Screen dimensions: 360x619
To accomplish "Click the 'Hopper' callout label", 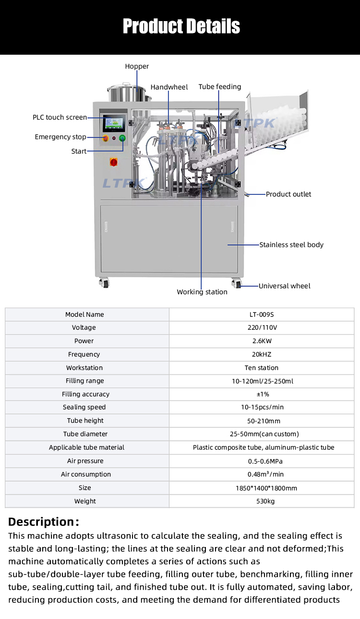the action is pos(137,66).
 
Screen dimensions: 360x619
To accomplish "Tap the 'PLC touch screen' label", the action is pos(60,117).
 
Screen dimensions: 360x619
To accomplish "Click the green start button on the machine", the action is pos(122,138).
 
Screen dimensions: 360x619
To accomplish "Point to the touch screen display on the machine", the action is pos(114,123).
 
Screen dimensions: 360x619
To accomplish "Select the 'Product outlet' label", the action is pos(288,194).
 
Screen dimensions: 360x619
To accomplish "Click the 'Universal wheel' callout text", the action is pos(284,286).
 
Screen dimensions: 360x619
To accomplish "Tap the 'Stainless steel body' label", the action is pos(291,245).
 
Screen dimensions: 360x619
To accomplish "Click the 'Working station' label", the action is pos(202,292).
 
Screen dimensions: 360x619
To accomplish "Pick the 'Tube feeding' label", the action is pos(219,87).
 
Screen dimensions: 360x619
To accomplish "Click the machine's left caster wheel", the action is pos(105,283).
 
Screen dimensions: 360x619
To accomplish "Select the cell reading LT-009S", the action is pos(262,314).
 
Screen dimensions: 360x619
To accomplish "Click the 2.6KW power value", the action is pos(262,341).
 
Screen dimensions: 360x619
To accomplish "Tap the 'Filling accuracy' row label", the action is pos(85,394).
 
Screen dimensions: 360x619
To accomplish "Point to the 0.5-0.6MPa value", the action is pos(265,461).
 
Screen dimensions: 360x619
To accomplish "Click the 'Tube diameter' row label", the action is pos(85,434).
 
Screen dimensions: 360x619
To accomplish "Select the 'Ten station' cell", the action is pos(262,368).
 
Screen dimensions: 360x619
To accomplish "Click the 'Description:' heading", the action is pos(43,522).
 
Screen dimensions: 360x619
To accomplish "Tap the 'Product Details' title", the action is pos(181,26).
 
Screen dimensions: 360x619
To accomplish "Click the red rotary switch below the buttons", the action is pos(114,162).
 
